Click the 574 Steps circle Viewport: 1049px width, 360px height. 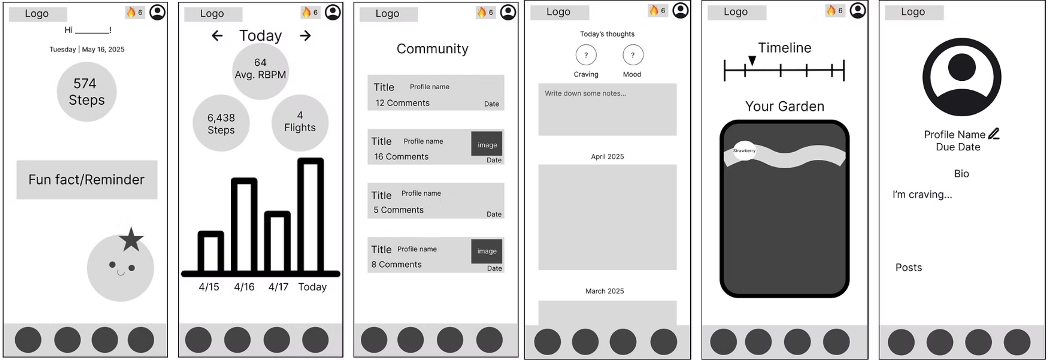[86, 92]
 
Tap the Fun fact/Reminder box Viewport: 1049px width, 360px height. [87, 180]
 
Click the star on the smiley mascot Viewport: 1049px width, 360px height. [131, 240]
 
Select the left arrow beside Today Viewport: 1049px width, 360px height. [217, 36]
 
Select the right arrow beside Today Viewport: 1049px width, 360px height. [305, 36]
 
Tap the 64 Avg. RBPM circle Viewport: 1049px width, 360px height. [260, 71]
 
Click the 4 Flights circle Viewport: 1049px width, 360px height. [300, 123]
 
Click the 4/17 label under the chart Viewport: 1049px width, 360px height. [278, 287]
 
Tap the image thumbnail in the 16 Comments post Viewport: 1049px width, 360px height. [487, 144]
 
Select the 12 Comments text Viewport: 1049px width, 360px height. [402, 103]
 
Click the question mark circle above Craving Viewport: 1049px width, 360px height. [586, 55]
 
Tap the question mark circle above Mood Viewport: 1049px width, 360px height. [633, 55]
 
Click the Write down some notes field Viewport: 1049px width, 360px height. [607, 110]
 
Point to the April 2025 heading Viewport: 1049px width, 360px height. [607, 156]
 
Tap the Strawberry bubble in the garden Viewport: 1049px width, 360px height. [744, 151]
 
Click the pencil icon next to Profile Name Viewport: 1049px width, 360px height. [994, 133]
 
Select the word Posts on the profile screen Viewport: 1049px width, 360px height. [909, 268]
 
